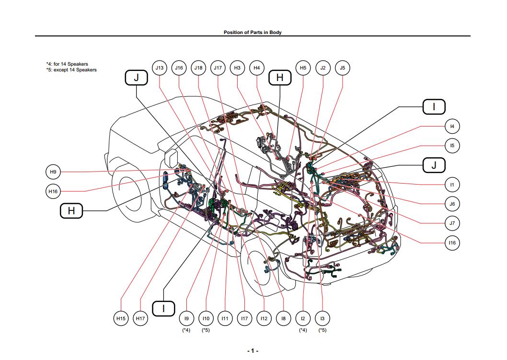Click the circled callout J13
(x=159, y=68)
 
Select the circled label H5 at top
(x=303, y=68)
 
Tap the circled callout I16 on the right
(x=452, y=243)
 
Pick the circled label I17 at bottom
(x=244, y=318)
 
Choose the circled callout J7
(x=452, y=223)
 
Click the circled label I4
(x=452, y=127)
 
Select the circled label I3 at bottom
(x=322, y=318)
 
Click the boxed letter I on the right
(x=434, y=106)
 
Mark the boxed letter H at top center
(x=280, y=78)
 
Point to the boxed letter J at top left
(x=136, y=78)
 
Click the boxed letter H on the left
(x=71, y=210)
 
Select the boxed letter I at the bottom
(x=163, y=308)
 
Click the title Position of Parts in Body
(x=253, y=32)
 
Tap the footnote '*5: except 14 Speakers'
(x=71, y=70)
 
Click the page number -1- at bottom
(x=253, y=351)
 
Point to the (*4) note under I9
(x=186, y=330)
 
